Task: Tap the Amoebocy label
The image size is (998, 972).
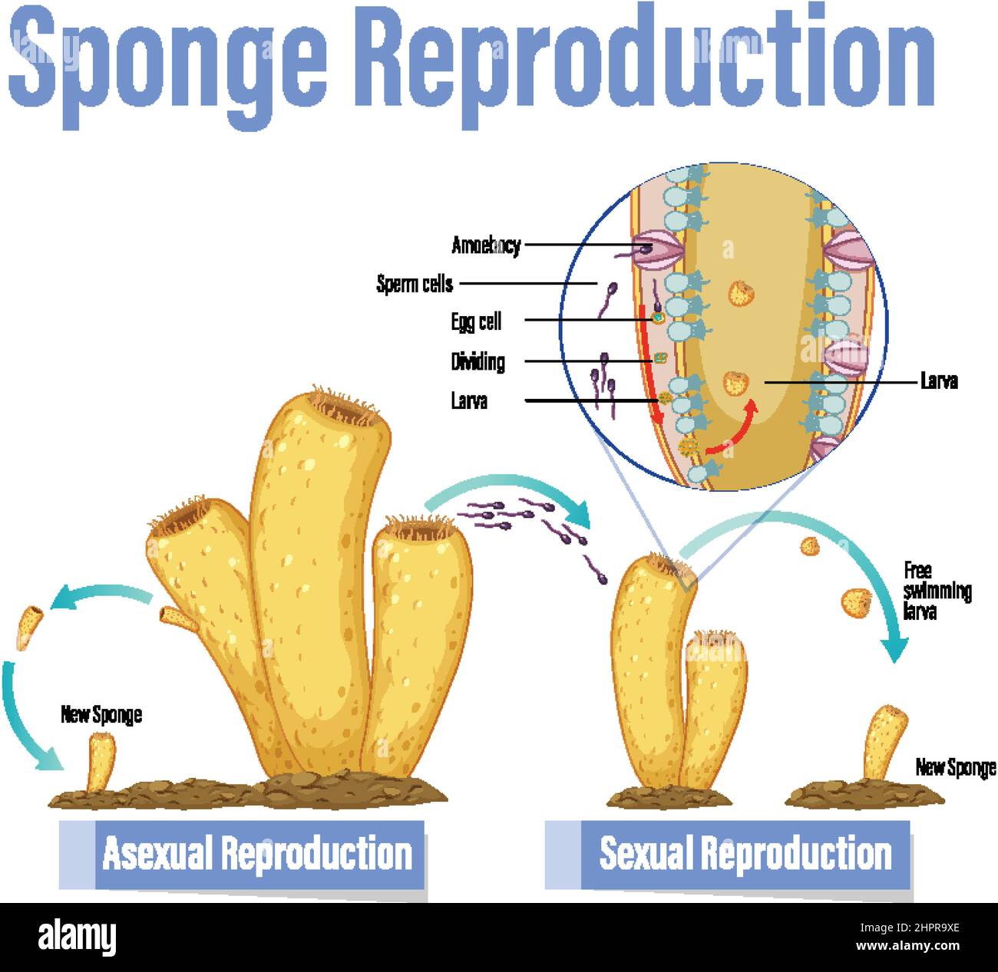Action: tap(486, 245)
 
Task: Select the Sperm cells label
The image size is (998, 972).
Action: tap(415, 284)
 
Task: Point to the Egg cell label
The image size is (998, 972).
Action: tap(476, 321)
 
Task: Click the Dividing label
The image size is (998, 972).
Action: tap(478, 361)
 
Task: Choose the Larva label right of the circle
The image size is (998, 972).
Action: tap(938, 381)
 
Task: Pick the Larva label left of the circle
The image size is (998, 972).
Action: tap(469, 400)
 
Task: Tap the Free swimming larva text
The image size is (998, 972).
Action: tap(936, 591)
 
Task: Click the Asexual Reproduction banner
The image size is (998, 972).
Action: tap(257, 854)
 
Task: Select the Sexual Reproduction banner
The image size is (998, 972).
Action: tap(745, 854)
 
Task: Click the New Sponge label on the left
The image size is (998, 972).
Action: tap(101, 714)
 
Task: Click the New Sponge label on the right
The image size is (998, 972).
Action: tap(955, 766)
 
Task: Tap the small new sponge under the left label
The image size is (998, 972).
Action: tap(101, 762)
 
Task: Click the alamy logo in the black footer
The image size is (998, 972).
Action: tap(77, 937)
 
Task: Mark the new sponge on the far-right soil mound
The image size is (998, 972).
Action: tap(884, 743)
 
